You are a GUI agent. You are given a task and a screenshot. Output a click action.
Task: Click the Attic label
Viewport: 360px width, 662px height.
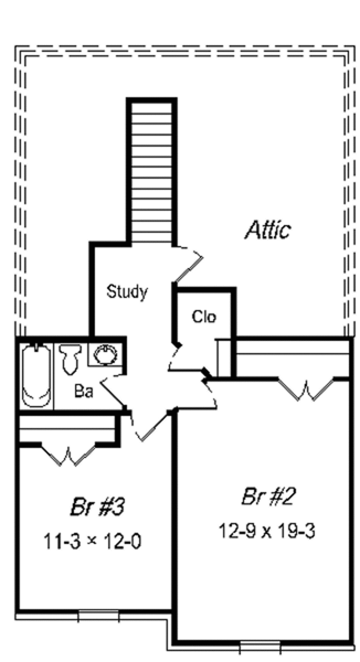[268, 230]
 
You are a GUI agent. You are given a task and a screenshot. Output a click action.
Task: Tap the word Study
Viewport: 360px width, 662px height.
[127, 292]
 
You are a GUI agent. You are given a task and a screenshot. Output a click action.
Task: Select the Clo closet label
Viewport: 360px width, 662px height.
[204, 317]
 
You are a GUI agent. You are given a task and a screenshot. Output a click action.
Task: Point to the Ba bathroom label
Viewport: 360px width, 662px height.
[83, 392]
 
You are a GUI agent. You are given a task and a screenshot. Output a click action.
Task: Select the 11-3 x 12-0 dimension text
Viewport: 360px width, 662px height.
[92, 541]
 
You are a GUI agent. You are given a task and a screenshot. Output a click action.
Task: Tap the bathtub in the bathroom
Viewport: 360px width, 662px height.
[36, 375]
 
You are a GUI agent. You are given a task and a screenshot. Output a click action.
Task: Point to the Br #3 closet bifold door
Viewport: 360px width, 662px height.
[68, 455]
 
